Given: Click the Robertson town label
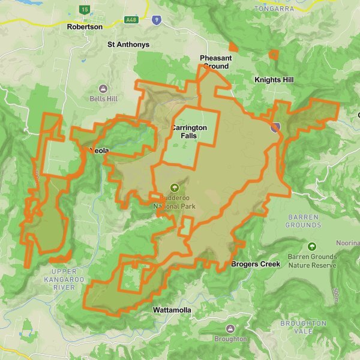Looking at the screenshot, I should [85, 26].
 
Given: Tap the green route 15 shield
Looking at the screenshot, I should [85, 10].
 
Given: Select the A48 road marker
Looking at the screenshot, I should [130, 19].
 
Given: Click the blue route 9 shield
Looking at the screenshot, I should [156, 20].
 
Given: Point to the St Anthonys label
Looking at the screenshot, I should [128, 44].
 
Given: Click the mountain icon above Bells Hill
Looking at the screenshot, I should [103, 88].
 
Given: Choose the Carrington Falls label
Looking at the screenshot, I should [188, 131].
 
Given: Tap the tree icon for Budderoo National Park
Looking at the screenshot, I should [175, 187].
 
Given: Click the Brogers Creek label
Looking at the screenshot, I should [256, 263].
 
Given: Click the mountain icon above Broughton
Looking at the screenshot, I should [230, 329].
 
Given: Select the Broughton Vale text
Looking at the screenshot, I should [303, 327].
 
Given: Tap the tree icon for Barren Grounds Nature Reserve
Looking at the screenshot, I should [311, 247].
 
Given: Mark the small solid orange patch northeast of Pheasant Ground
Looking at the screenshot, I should [233, 47].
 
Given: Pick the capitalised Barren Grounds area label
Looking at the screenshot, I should [304, 221].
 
